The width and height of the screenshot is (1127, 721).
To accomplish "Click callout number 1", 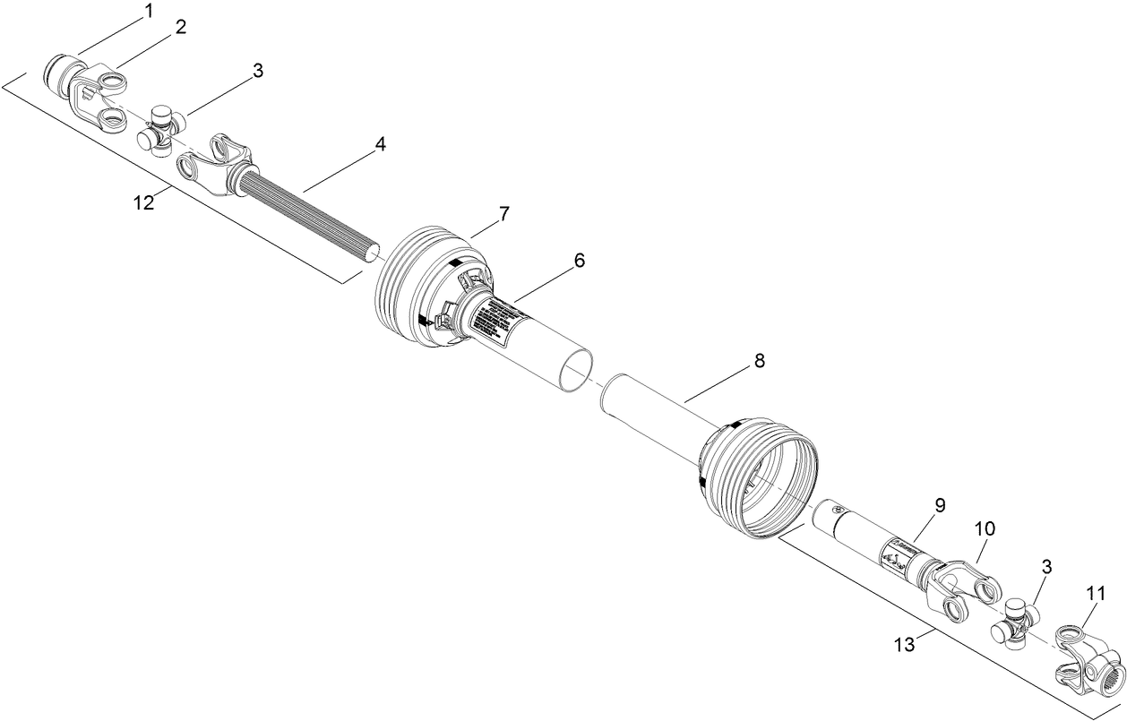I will pyautogui.click(x=149, y=12).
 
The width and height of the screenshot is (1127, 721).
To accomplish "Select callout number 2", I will pyautogui.click(x=180, y=27).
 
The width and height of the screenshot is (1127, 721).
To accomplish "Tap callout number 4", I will pyautogui.click(x=381, y=143).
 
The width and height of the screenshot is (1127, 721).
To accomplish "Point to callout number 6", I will pyautogui.click(x=579, y=260).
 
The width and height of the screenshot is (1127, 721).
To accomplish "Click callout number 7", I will pyautogui.click(x=504, y=213).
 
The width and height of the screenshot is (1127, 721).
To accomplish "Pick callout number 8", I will pyautogui.click(x=759, y=361).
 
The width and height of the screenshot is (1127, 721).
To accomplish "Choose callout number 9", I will pyautogui.click(x=940, y=505).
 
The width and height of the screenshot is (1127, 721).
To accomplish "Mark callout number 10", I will pyautogui.click(x=985, y=529).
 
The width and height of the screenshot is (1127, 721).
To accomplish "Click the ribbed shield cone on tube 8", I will pyautogui.click(x=757, y=479).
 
